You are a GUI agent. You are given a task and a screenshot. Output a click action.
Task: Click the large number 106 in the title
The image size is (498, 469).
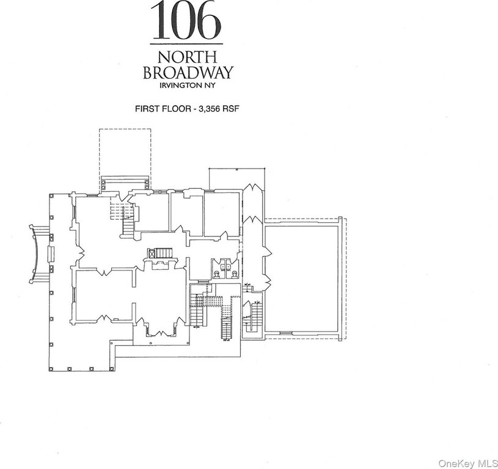click(186, 21)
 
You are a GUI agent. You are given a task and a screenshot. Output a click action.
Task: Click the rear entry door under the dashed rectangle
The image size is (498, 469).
click(125, 182)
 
